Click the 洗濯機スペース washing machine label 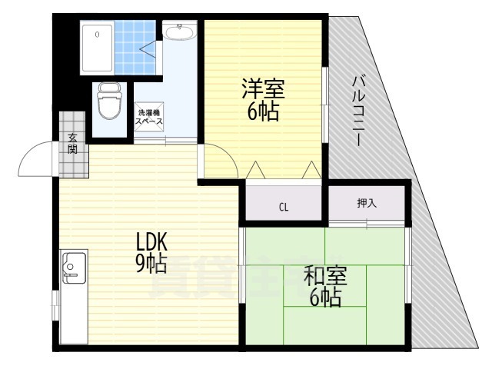coord(149,118)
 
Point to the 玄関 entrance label coord(72,143)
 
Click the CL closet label coord(284,207)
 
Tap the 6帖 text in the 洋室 coord(263,111)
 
